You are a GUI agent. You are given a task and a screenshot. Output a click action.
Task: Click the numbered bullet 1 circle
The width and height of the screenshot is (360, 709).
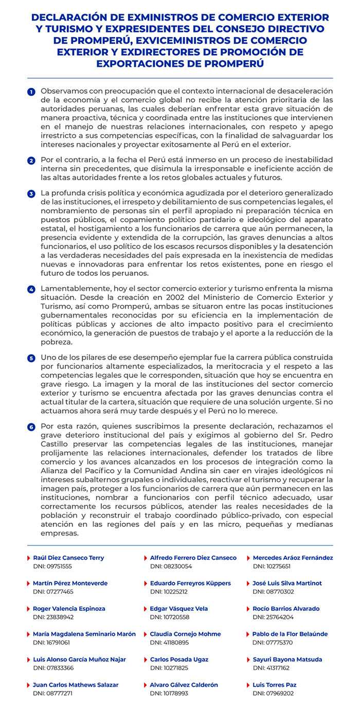(x=31, y=92)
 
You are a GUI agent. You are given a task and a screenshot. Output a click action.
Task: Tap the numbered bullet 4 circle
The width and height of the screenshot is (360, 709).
(x=31, y=289)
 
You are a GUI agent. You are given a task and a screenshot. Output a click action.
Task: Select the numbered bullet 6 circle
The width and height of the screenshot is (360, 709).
(x=31, y=427)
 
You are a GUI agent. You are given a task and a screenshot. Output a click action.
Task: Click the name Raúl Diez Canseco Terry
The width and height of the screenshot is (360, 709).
(x=68, y=558)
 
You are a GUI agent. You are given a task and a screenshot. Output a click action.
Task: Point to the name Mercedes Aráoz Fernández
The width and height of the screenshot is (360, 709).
(x=293, y=558)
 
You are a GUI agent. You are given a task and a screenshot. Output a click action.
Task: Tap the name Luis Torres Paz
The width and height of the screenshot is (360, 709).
(x=275, y=685)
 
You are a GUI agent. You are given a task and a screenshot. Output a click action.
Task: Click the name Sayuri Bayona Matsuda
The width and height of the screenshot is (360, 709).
(x=287, y=660)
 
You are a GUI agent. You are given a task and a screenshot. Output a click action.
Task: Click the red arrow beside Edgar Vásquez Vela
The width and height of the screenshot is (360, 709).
(x=146, y=609)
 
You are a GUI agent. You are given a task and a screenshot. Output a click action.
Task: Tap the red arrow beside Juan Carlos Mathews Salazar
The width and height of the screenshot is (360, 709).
(x=28, y=685)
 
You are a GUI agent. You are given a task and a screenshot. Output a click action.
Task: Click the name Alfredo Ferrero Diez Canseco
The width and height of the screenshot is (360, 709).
(x=193, y=558)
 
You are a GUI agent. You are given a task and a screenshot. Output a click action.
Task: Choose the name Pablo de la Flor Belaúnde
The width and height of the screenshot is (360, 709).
(x=290, y=634)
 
